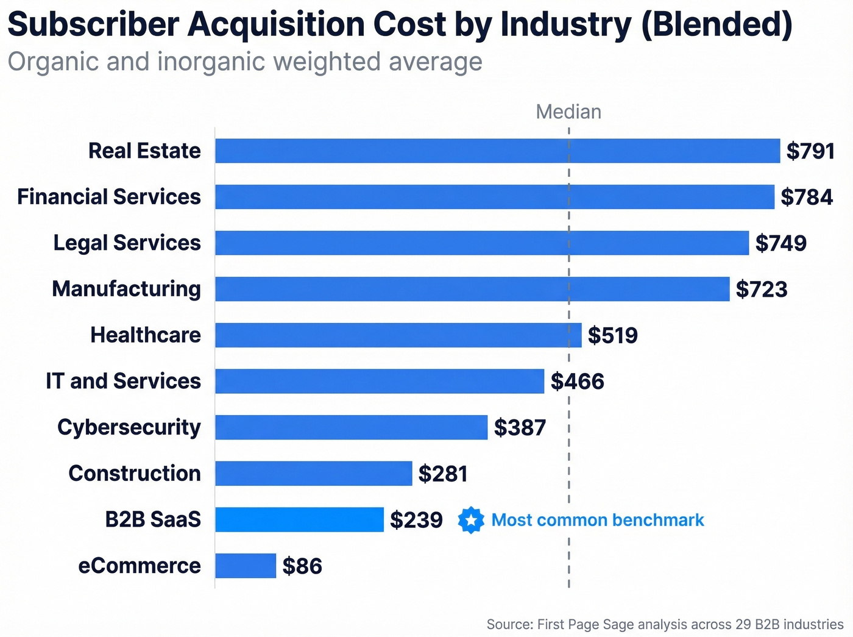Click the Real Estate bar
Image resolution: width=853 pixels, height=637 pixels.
pos(497,151)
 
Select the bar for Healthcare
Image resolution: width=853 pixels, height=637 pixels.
pos(398,335)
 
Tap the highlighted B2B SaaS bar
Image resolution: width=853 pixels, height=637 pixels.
pos(299,519)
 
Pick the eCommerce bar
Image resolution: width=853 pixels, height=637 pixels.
pos(246,566)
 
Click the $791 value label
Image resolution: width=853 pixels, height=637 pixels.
pos(810,151)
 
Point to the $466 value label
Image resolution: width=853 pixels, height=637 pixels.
pos(577,381)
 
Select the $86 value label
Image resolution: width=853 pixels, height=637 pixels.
pos(302,566)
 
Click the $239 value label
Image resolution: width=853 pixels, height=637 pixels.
pos(416,519)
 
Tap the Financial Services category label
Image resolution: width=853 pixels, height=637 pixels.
pos(109,197)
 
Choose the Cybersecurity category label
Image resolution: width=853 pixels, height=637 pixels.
pos(129,427)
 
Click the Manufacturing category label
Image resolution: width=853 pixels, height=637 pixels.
pos(126,289)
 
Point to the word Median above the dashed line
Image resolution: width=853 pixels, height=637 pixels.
pos(568,112)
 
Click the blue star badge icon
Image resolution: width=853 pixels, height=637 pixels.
pos(471,520)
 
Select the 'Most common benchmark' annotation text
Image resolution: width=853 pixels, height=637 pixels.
pos(598,520)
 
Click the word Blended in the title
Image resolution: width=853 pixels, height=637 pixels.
pos(717,24)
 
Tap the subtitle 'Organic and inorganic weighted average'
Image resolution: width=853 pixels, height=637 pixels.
pos(244,62)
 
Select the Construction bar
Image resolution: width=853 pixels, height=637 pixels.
pos(313,473)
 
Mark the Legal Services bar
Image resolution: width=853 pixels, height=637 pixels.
pos(481,243)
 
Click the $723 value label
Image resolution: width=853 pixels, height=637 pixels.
pos(761,289)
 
